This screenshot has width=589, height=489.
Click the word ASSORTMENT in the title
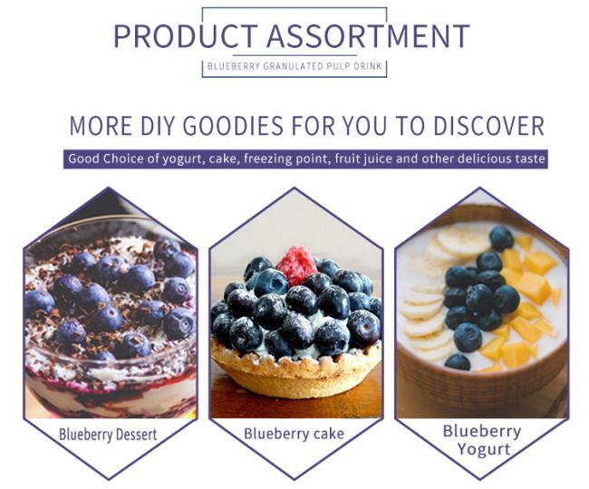pos(368,36)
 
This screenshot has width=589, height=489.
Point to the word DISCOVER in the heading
pos(488,125)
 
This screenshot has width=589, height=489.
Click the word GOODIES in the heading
pos(233,125)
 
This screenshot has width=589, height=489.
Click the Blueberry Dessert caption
pos(108,435)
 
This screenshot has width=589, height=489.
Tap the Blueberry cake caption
pos(294,434)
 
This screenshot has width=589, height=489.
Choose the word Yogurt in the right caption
pos(484,449)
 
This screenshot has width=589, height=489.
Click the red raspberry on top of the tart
pos(297,265)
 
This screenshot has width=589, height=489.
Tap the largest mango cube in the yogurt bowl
pos(536,287)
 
